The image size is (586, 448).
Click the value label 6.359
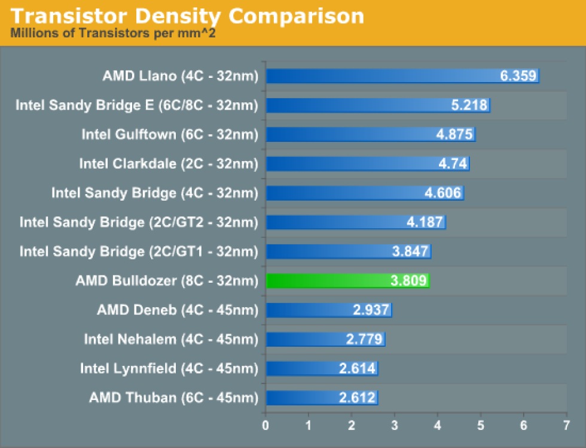coord(518,76)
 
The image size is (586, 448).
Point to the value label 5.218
coord(469,105)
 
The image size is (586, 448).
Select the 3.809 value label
coord(409,280)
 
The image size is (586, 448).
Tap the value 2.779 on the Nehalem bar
coord(364,339)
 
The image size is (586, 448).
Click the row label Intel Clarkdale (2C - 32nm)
coord(169,164)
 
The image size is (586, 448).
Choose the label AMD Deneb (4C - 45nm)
coord(178,310)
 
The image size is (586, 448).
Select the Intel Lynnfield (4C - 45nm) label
coord(169,368)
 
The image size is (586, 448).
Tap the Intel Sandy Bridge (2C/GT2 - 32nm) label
coord(139,222)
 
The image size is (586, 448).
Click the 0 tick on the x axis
coord(265,425)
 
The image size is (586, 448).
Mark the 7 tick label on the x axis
coord(566,425)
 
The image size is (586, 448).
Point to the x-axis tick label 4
coord(437,425)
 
